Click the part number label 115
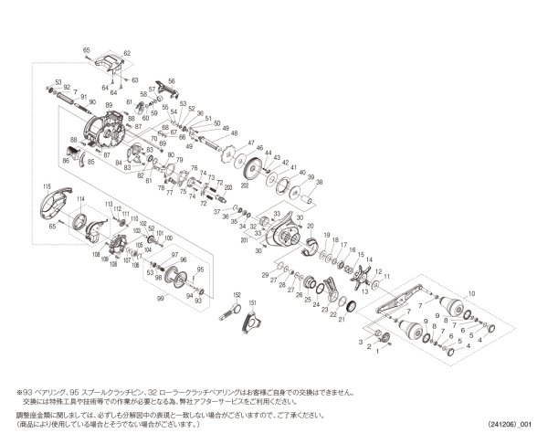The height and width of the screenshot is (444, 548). click(43, 187)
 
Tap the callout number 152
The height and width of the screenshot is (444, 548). click(235, 295)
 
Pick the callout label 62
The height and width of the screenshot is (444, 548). click(128, 54)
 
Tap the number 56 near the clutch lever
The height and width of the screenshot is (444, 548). click(172, 82)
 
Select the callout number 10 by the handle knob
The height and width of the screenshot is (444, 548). click(471, 293)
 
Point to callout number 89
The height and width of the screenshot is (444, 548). click(109, 107)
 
